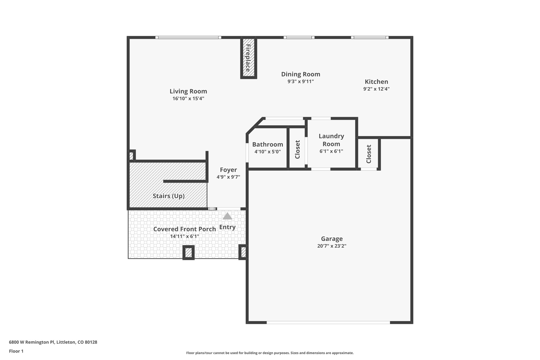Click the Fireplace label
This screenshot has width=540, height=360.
(248, 58)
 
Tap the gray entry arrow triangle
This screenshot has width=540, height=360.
(227, 216)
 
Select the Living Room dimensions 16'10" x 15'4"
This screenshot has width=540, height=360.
(188, 99)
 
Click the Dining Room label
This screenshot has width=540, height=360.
(301, 74)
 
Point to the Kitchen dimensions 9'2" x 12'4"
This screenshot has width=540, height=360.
(376, 89)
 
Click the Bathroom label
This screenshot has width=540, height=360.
(268, 145)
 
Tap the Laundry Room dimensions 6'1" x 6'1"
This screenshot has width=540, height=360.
(331, 151)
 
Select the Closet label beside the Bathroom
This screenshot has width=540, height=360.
(297, 150)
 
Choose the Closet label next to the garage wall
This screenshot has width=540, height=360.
(369, 154)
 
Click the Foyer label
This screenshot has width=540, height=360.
(228, 170)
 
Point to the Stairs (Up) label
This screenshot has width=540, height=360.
(168, 196)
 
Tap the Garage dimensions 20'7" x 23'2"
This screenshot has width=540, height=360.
(332, 246)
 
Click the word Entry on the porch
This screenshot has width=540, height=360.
(227, 227)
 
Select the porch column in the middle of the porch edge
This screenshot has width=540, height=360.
(189, 253)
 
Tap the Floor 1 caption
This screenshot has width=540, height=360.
(16, 351)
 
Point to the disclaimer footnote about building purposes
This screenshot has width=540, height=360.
(270, 353)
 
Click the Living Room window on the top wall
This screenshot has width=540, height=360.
(188, 37)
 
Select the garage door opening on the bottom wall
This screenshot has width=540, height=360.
(328, 322)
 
